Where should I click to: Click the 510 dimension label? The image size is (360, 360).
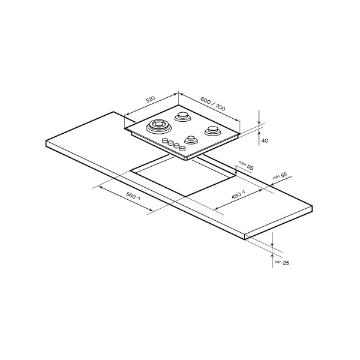click(x=151, y=99)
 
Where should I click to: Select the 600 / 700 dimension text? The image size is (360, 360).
click(x=213, y=104)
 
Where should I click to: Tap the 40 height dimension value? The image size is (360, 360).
click(x=265, y=140)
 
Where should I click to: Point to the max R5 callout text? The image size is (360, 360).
click(x=246, y=166)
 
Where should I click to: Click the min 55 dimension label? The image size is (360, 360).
click(x=280, y=176)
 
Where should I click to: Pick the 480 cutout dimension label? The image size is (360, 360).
click(x=238, y=194)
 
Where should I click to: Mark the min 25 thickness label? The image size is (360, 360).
click(x=282, y=262)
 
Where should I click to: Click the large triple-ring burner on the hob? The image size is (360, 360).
click(x=158, y=126)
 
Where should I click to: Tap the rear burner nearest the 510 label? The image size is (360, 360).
click(x=183, y=116)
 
